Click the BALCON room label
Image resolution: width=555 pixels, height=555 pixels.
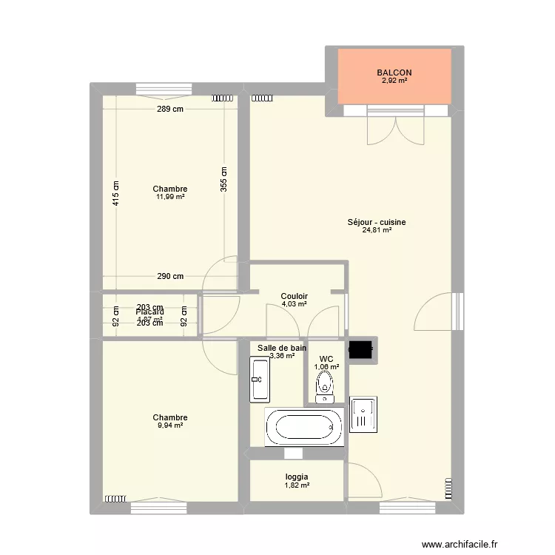coord(394,73)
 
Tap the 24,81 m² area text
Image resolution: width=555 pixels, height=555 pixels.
coord(377,230)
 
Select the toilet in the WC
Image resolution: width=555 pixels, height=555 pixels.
coord(324,386)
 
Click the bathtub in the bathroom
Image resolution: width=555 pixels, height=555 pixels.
coord(304,427)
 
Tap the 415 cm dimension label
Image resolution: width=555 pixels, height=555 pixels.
coord(116,194)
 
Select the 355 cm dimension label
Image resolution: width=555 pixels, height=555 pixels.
coord(224,179)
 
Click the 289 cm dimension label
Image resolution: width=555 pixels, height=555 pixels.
coord(169,110)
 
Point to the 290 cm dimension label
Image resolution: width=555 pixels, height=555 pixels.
coord(170,277)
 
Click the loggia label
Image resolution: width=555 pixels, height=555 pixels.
coord(297,477)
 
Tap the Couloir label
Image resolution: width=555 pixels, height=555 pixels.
coord(294,296)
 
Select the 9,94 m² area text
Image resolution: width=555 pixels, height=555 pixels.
coord(170,425)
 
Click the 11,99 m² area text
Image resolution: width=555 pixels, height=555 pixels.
coord(170,197)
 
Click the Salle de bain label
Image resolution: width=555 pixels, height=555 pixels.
coord(282,347)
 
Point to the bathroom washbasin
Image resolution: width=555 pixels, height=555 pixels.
coord(258,379)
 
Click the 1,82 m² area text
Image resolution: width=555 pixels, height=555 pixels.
coord(297,485)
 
